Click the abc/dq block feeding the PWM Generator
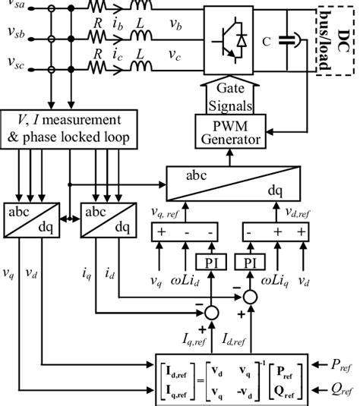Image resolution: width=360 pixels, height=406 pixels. tap(241, 182)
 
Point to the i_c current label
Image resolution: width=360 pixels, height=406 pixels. tap(118, 55)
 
